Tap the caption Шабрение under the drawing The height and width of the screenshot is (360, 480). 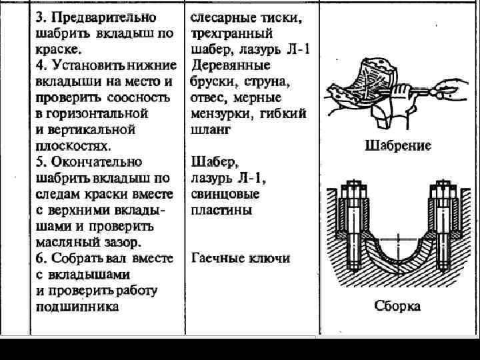pyautogui.click(x=398, y=145)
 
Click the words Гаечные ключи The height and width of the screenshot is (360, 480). pyautogui.click(x=241, y=258)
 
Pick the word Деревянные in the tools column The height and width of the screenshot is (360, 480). pyautogui.click(x=230, y=65)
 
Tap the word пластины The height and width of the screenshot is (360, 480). pyautogui.click(x=221, y=210)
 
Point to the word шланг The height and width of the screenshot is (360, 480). pyautogui.click(x=209, y=129)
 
